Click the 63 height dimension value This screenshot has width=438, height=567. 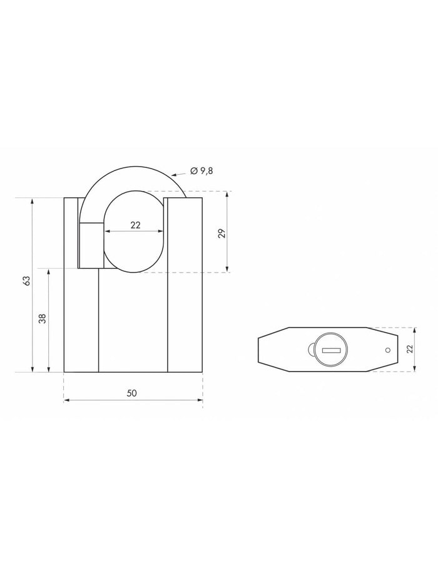pyautogui.click(x=26, y=281)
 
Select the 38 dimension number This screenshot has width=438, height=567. pyautogui.click(x=43, y=319)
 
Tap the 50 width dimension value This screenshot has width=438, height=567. pyautogui.click(x=131, y=393)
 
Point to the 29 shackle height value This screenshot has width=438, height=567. pyautogui.click(x=222, y=234)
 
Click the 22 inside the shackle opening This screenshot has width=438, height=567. pyautogui.click(x=135, y=226)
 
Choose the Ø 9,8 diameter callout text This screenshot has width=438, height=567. pyautogui.click(x=202, y=170)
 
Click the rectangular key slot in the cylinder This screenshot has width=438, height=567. pyautogui.click(x=329, y=350)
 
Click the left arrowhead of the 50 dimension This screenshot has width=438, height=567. pyautogui.click(x=66, y=400)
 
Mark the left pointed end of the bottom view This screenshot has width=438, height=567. pyautogui.click(x=259, y=350)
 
